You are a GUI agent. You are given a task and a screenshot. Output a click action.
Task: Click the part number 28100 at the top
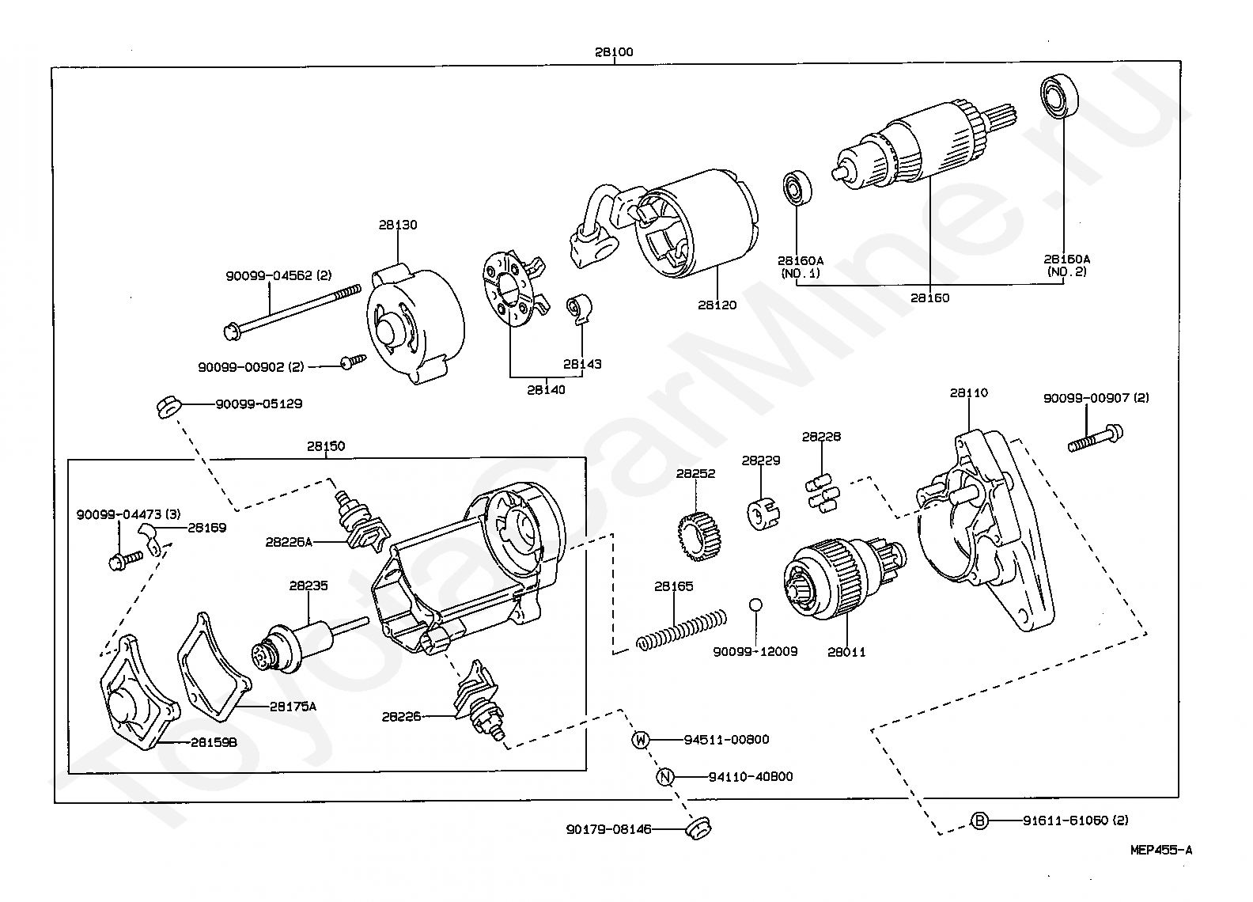pyautogui.click(x=614, y=52)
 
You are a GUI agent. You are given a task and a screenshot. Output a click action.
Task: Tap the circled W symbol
pyautogui.click(x=641, y=740)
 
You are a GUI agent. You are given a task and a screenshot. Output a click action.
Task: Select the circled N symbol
pyautogui.click(x=665, y=777)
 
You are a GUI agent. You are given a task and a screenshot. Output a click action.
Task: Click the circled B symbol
pyautogui.click(x=979, y=821)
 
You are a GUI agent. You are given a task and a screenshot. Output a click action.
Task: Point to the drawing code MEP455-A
pyautogui.click(x=1161, y=851)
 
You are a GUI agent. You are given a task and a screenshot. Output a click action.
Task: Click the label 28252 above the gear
pyautogui.click(x=695, y=473)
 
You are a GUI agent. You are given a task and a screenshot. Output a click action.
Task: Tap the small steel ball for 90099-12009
pyautogui.click(x=755, y=604)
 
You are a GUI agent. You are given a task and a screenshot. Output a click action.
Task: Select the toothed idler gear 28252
pyautogui.click(x=698, y=536)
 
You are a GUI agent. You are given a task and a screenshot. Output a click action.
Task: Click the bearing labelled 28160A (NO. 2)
pyautogui.click(x=1060, y=96)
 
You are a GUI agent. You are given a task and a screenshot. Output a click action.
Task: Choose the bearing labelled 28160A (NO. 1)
pyautogui.click(x=797, y=188)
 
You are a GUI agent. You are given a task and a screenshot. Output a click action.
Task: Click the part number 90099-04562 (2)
pyautogui.click(x=278, y=276)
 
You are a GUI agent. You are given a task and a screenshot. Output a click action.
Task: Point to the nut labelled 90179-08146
pyautogui.click(x=698, y=828)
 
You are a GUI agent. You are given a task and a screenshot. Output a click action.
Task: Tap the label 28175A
pyautogui.click(x=293, y=707)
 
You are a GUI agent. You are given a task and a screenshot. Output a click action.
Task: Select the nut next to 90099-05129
pyautogui.click(x=167, y=407)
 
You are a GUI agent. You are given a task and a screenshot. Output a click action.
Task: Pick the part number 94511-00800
pyautogui.click(x=727, y=740)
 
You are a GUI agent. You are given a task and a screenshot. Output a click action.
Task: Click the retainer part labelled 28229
pyautogui.click(x=763, y=513)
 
